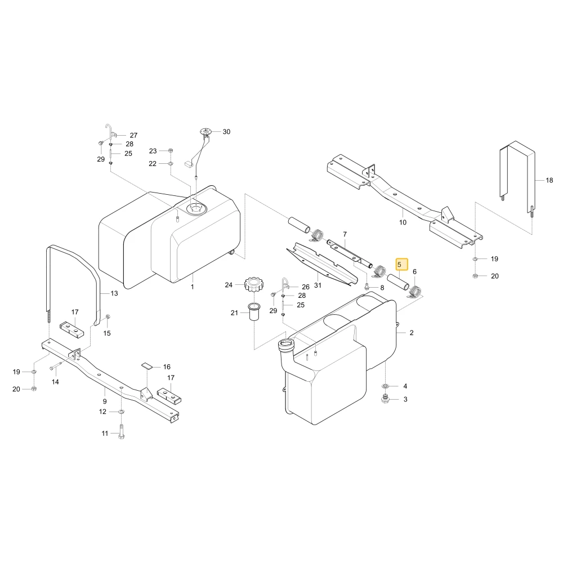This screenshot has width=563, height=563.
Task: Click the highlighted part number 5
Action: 399,265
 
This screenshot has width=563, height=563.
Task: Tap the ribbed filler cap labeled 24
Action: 254,284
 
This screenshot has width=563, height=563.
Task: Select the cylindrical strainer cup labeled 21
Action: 254,312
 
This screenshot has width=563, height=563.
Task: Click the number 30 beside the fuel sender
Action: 226,132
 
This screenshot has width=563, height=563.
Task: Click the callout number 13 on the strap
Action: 114,293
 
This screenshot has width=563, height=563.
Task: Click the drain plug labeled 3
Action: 386,399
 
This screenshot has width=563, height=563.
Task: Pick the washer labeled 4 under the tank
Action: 386,386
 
